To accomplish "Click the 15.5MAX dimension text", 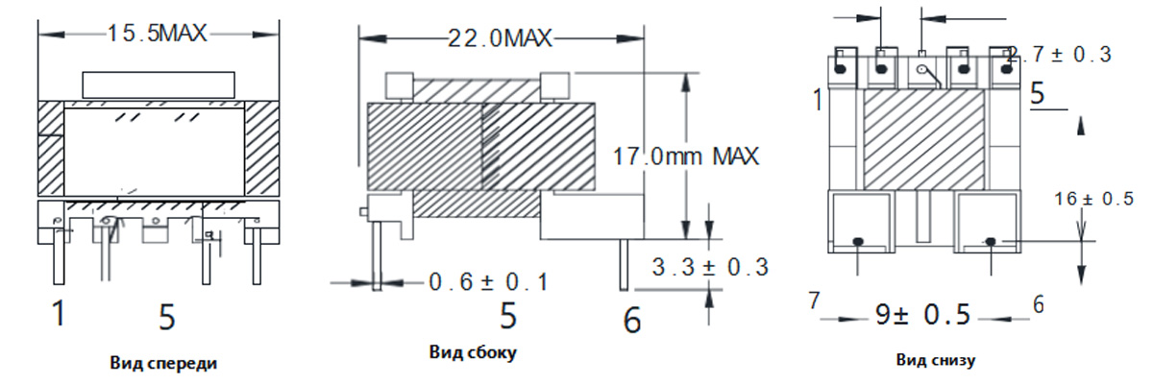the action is click(x=157, y=34).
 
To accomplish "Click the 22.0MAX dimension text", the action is click(x=500, y=38).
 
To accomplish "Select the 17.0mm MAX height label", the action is click(x=686, y=156).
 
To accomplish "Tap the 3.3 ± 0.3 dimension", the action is click(x=710, y=267).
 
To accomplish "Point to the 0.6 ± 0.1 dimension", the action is click(x=488, y=282).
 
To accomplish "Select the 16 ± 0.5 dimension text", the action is click(x=1093, y=199).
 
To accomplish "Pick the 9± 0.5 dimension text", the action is click(x=923, y=314).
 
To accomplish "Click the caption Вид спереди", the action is click(x=163, y=364).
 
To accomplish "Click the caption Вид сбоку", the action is click(x=473, y=352).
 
